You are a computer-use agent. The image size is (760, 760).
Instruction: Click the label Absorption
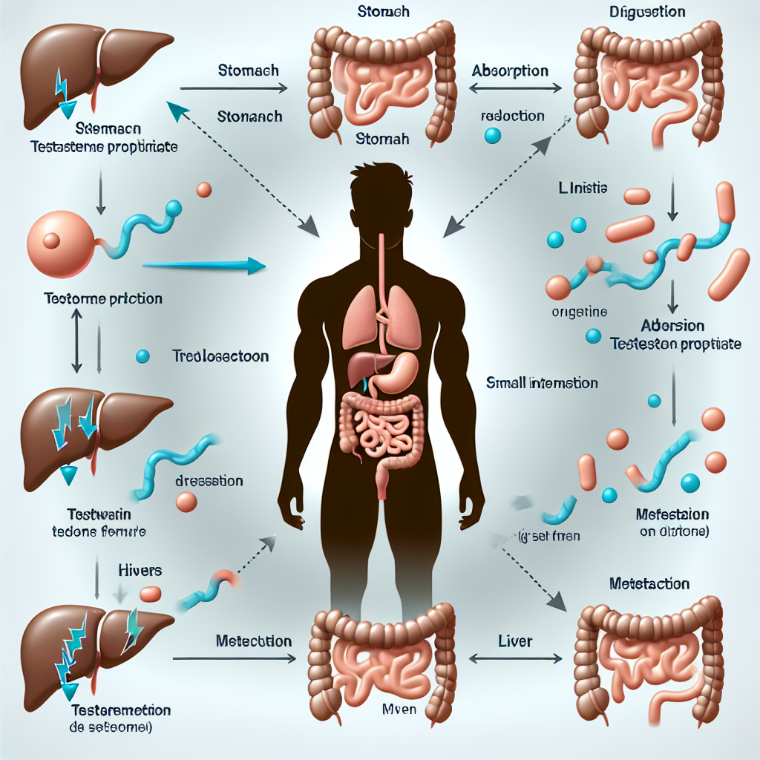pyautogui.click(x=510, y=71)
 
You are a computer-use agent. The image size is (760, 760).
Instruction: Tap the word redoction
pyautogui.click(x=512, y=117)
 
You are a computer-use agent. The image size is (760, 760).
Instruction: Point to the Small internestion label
pyautogui.click(x=542, y=383)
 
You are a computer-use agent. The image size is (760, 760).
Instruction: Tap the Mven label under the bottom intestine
pyautogui.click(x=396, y=709)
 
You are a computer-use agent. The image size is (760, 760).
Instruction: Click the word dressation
pyautogui.click(x=209, y=481)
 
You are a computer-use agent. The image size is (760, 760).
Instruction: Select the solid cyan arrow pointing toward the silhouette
pyautogui.click(x=203, y=264)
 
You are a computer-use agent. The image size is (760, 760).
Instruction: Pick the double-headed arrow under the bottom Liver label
pyautogui.click(x=514, y=658)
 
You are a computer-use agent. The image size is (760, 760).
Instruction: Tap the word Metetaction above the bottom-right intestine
pyautogui.click(x=649, y=584)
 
